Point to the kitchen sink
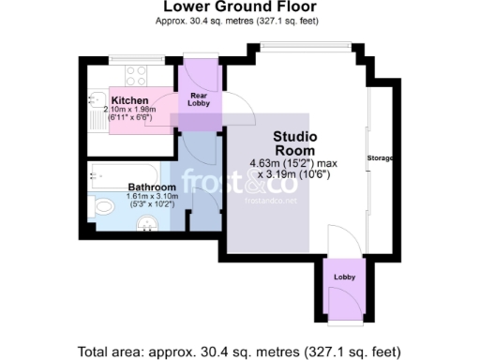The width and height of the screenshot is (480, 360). click(x=97, y=100)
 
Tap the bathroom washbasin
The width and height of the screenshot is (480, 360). click(x=146, y=222)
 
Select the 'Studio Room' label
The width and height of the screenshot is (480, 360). click(x=294, y=143)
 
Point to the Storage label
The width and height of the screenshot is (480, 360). click(x=379, y=157)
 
